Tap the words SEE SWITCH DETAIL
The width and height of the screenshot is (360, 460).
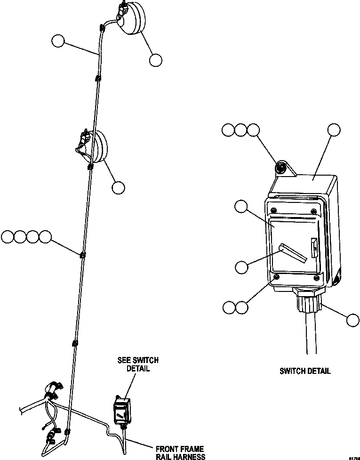pyautogui.click(x=138, y=364)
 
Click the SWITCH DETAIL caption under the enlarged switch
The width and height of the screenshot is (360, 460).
pyautogui.click(x=305, y=371)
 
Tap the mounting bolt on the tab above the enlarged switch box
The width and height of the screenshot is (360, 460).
pyautogui.click(x=281, y=168)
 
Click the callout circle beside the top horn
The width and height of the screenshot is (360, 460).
pyautogui.click(x=156, y=60)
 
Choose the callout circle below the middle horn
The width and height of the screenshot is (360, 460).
pyautogui.click(x=118, y=187)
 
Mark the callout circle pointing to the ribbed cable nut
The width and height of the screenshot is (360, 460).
pyautogui.click(x=352, y=320)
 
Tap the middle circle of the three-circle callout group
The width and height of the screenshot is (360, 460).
pyautogui.click(x=241, y=130)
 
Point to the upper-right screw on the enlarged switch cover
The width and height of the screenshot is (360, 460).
pyautogui.click(x=313, y=210)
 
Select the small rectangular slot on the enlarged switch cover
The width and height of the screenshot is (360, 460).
pyautogui.click(x=312, y=246)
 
